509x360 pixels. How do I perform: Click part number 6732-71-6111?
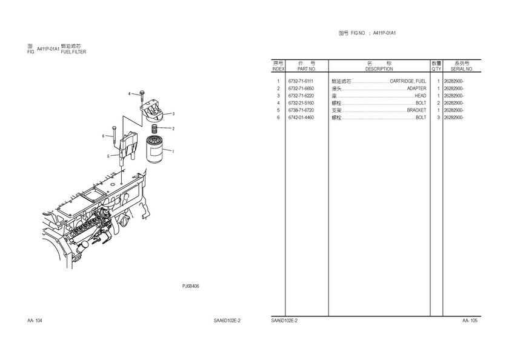pos(301,81)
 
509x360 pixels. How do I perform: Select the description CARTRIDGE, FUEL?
pos(408,81)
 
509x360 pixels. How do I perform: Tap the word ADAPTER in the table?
pos(416,88)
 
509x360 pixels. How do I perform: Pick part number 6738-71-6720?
pos(301,110)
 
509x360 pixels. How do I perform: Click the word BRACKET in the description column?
pos(416,110)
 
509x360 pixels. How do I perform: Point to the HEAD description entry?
pos(421,96)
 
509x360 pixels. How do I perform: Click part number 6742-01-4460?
pos(301,118)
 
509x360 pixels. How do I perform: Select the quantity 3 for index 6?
pos(438,118)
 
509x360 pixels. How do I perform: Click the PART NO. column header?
pos(307,69)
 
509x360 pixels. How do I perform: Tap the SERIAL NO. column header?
pos(462,69)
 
